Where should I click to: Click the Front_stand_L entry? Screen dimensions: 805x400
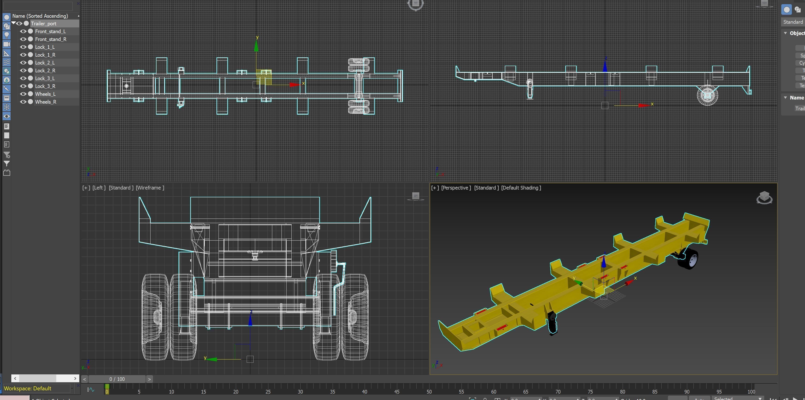point(50,32)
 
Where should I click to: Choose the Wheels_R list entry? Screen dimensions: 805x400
point(46,102)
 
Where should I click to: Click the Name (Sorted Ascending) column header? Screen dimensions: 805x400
point(40,16)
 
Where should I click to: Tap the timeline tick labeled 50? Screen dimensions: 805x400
point(429,391)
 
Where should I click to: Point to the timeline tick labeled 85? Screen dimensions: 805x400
point(655,391)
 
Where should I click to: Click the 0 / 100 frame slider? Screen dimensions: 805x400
point(117,379)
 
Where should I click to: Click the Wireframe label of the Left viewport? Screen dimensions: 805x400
point(150,188)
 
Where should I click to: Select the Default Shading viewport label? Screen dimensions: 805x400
point(521,188)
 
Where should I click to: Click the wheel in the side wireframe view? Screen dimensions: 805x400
point(707,95)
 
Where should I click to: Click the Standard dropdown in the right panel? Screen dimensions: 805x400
point(793,22)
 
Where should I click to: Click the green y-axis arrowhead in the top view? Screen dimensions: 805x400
point(256,47)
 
